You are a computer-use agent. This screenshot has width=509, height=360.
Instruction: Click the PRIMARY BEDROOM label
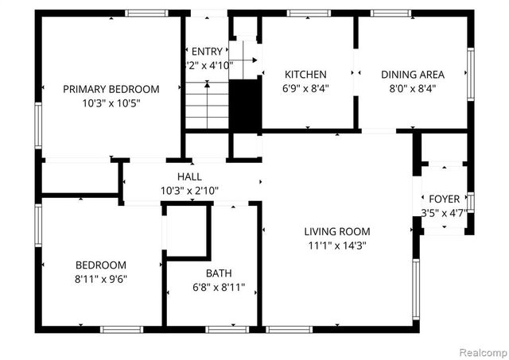point(111,89)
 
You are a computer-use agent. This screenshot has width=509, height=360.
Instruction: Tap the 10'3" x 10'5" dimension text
point(111,103)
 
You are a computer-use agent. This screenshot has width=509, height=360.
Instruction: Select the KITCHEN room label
point(305,74)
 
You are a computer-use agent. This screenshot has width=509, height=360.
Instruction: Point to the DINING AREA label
point(412,74)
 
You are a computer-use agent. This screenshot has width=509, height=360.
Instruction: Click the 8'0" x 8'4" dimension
point(412,88)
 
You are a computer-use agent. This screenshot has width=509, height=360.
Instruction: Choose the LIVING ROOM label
point(336,232)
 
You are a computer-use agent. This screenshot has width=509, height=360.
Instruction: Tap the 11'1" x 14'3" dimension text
point(336,246)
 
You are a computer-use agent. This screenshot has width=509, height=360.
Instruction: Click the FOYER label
point(444,199)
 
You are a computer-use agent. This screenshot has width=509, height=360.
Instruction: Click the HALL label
point(189,176)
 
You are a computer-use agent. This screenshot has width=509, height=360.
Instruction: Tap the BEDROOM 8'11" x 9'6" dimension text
point(100,279)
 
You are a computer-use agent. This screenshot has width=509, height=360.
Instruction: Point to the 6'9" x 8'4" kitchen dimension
point(305,88)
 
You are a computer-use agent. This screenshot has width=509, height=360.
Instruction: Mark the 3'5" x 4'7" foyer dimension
point(444,212)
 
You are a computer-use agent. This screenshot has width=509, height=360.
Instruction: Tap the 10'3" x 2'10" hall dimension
point(189,191)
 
